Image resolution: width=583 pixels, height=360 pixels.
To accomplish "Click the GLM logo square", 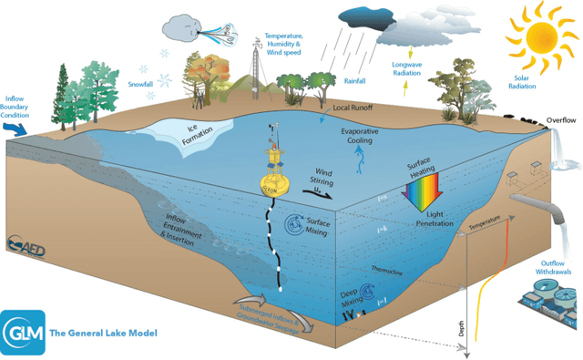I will point(21,333).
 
